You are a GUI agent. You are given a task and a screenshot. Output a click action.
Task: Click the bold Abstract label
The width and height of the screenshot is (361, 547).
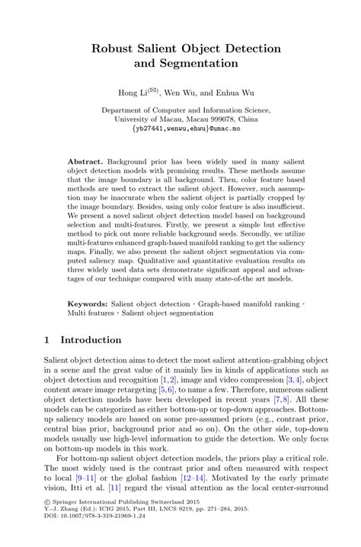coord(85,163)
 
